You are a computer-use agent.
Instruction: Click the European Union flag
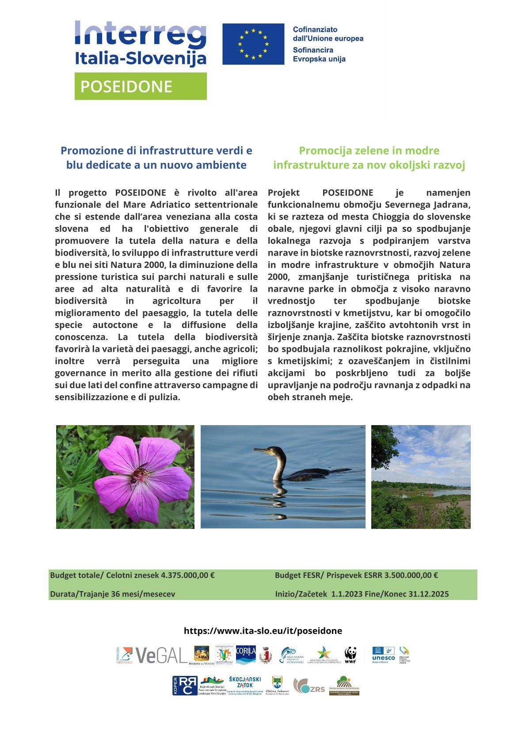tap(253, 44)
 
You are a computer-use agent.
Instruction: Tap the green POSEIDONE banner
tap(141, 87)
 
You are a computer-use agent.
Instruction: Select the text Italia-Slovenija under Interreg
tap(140, 58)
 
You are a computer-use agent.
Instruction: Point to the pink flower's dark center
tap(139, 476)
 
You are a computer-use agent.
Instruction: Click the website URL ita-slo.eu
tap(263, 630)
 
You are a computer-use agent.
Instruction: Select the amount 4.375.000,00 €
tap(188, 575)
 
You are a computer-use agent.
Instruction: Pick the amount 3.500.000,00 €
tap(411, 575)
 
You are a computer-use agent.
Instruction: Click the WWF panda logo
tap(351, 655)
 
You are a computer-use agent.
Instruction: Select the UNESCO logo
tap(383, 655)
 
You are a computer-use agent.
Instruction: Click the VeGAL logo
tap(161, 655)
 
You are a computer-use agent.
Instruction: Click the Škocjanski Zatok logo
tap(245, 685)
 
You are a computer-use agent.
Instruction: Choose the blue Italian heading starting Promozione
tap(156, 158)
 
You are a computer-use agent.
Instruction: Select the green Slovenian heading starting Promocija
tap(369, 158)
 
